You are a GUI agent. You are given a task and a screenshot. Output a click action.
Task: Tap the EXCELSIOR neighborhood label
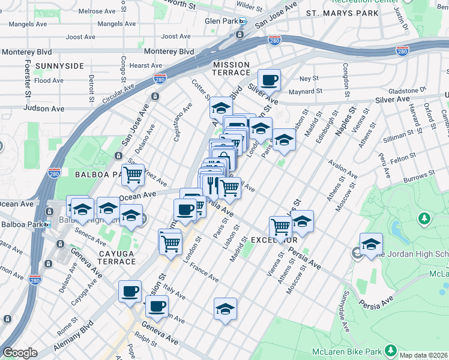pyautogui.click(x=274, y=240)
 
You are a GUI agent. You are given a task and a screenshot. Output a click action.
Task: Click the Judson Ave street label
pyautogui.click(x=44, y=109)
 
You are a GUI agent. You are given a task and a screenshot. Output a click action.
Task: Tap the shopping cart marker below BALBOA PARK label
pyautogui.click(x=133, y=175)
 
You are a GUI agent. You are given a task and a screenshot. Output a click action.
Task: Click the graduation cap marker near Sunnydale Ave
pyautogui.click(x=371, y=244)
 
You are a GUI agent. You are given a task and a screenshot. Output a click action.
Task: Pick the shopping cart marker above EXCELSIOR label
pyautogui.click(x=280, y=227)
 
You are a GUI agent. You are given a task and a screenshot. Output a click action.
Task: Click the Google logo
pyautogui.click(x=20, y=352)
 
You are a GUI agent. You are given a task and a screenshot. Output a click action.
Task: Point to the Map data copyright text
pyautogui.click(x=424, y=355)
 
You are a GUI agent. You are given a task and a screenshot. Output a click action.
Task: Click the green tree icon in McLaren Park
pyautogui.click(x=424, y=217)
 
